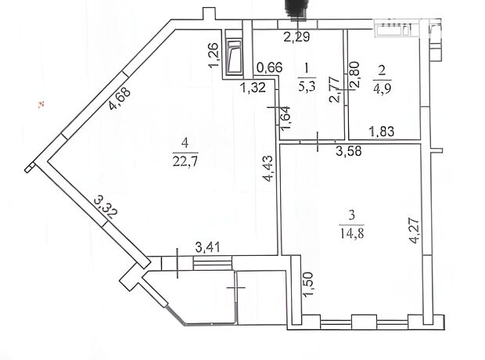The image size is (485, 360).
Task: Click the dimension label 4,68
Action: (x=120, y=99)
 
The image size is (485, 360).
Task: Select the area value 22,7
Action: (x=185, y=161)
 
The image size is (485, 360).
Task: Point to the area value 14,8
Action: (x=352, y=233)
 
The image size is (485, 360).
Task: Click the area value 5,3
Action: (x=307, y=86)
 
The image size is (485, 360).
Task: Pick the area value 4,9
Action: (x=383, y=88)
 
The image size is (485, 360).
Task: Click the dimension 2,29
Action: (x=296, y=37)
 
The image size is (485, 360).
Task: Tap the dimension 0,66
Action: (x=270, y=67)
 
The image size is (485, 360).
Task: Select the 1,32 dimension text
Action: (x=253, y=88)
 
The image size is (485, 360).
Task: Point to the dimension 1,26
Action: (x=214, y=55)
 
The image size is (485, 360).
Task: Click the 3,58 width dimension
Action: (x=349, y=151)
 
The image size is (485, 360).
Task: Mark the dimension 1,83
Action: (x=382, y=131)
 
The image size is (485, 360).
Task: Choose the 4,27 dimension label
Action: (x=414, y=231)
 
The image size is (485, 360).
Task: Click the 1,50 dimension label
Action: (x=309, y=284)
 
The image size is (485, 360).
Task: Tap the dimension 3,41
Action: (x=207, y=247)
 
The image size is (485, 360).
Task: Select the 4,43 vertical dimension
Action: (x=268, y=168)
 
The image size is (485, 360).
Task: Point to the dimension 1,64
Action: (x=286, y=118)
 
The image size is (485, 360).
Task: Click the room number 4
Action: (x=185, y=143)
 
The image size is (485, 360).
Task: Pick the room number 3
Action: (x=352, y=214)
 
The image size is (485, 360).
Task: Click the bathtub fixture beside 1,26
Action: (x=234, y=57)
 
